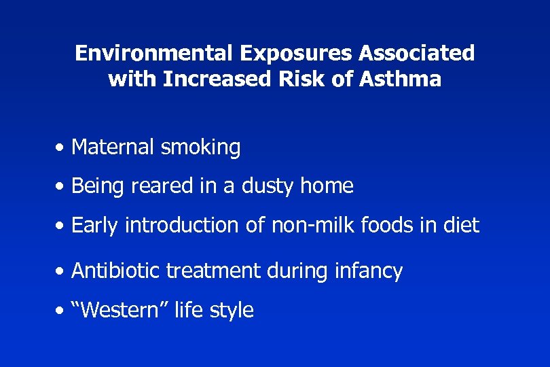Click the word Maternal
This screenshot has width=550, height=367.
(113, 147)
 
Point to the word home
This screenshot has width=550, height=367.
(329, 186)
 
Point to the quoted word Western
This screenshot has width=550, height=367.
(120, 311)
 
